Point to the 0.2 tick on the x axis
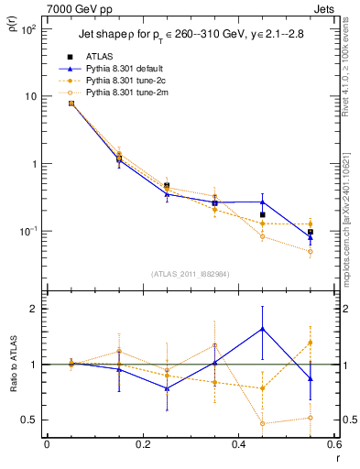click(x=142, y=444)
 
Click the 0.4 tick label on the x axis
click(x=238, y=444)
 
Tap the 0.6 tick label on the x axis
click(x=332, y=444)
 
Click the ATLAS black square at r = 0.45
click(x=262, y=215)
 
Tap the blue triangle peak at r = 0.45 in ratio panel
click(x=262, y=328)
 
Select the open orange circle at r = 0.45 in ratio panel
click(x=262, y=423)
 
